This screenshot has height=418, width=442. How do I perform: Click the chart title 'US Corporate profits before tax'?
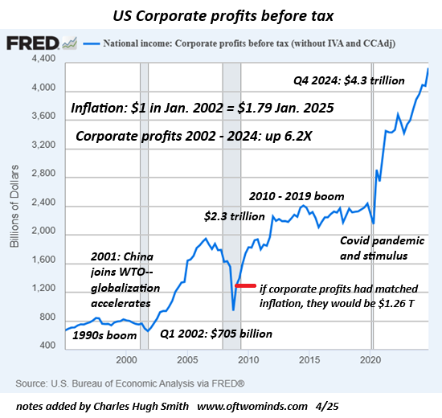[x=221, y=14]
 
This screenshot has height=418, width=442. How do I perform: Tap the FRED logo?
[x=34, y=44]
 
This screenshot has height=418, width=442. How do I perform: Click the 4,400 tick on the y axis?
[x=42, y=59]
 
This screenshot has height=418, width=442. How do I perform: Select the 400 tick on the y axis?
[x=46, y=346]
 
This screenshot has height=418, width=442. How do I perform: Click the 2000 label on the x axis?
[x=126, y=359]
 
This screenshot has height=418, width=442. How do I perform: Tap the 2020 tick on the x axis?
[x=369, y=359]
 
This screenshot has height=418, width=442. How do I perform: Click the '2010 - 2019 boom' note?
[x=297, y=196]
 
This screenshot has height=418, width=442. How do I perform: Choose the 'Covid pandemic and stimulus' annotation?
[x=374, y=248]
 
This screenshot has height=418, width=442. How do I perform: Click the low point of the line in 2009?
[x=233, y=309]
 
